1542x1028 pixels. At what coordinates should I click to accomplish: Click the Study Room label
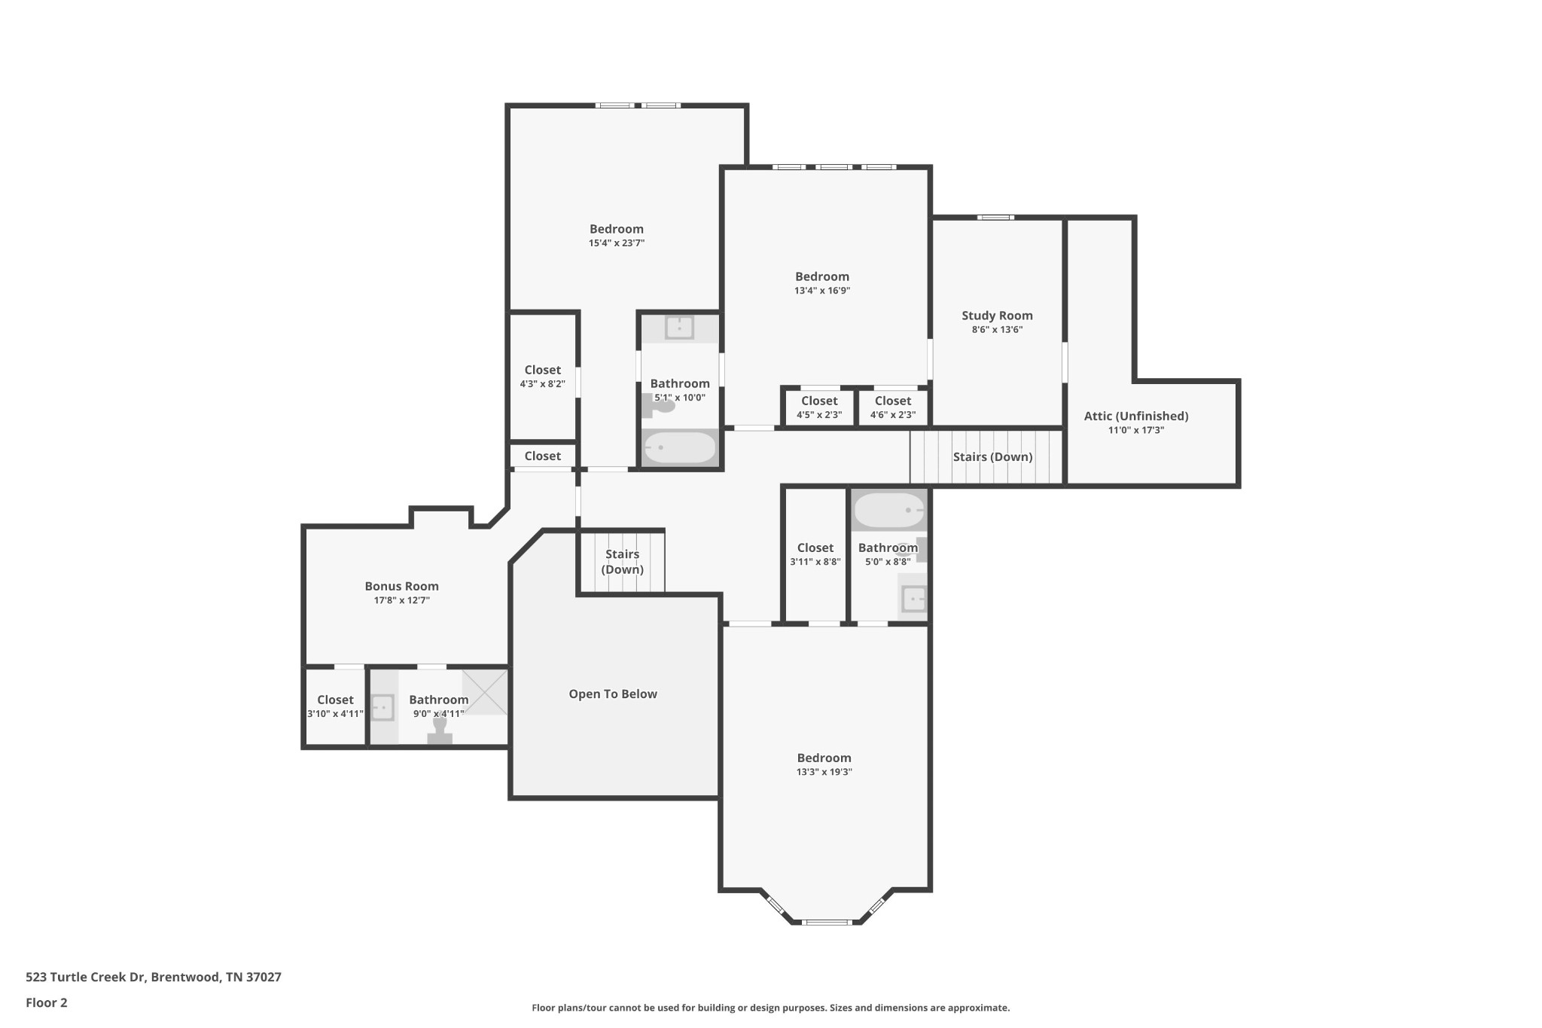click(997, 316)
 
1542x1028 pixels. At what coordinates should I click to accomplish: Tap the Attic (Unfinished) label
click(1135, 416)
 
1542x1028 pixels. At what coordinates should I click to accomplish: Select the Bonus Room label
click(401, 586)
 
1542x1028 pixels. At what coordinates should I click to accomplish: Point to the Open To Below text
click(613, 694)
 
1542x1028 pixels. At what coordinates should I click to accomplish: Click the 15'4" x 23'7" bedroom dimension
click(616, 243)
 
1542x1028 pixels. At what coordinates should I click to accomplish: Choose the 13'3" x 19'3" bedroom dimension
click(824, 772)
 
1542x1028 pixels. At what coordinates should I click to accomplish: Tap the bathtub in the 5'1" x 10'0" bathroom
click(680, 447)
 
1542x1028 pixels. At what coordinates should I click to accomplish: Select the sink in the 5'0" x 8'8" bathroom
click(913, 599)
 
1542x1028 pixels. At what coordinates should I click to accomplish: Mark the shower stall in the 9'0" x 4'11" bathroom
click(485, 691)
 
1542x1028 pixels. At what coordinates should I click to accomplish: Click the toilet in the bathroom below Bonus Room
click(440, 731)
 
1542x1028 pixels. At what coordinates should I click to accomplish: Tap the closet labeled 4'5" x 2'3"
click(819, 407)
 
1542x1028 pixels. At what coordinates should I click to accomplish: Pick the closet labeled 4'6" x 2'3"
click(893, 407)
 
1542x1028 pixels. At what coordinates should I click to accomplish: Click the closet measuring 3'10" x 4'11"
click(335, 706)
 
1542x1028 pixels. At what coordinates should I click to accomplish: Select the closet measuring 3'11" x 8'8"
click(815, 554)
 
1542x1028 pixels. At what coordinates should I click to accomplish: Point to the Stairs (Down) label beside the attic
click(992, 456)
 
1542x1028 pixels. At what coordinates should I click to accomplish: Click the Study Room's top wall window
click(995, 218)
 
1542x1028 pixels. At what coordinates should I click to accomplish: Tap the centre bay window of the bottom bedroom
click(826, 922)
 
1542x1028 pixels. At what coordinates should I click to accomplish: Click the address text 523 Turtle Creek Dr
click(154, 977)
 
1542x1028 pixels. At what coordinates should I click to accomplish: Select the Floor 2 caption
click(47, 1002)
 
